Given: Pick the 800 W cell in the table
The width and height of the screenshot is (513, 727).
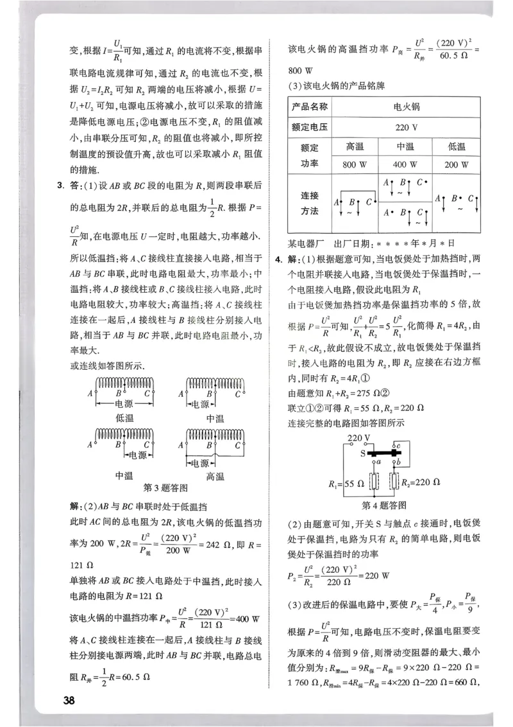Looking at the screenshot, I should coord(354,164).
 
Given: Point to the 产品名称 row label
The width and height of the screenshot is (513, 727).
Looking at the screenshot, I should coord(310,107).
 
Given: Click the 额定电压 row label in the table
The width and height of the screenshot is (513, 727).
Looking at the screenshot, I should coord(310,127).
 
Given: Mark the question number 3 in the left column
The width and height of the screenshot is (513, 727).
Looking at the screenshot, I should coord(60,187).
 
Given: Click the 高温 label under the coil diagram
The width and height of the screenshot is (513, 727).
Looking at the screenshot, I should coord(215,476).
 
